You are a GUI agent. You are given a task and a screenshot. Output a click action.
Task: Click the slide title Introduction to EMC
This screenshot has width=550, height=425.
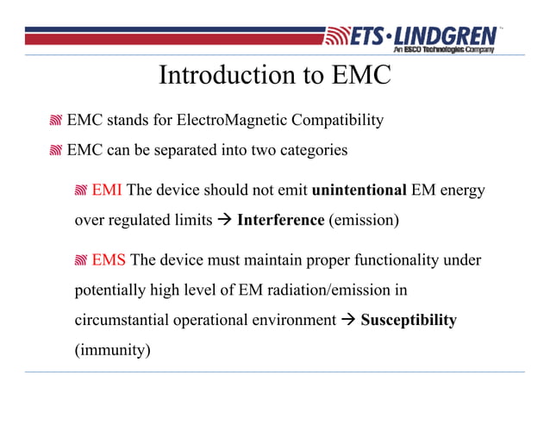click(x=275, y=76)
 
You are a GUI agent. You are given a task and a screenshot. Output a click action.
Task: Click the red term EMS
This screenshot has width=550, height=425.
click(x=109, y=259)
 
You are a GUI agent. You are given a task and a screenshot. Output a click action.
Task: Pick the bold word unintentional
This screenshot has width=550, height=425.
click(x=358, y=190)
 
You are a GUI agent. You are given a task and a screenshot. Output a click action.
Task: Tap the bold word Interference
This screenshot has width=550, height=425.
click(x=279, y=220)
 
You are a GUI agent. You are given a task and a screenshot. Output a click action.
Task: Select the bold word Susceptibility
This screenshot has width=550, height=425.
click(x=408, y=320)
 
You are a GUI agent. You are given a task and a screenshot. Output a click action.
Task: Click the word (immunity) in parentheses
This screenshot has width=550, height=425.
click(x=111, y=350)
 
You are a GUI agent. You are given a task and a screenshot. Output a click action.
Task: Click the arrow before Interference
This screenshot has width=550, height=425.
click(x=223, y=220)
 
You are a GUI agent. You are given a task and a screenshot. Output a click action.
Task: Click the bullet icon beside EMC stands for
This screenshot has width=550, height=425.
click(x=56, y=121)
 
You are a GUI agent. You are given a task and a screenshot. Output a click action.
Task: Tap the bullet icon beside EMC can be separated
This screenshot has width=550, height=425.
click(x=56, y=151)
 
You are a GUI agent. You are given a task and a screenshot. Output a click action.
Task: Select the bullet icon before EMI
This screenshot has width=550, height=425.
click(x=81, y=191)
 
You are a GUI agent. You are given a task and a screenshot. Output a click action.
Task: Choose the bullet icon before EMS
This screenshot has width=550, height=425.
click(x=81, y=260)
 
